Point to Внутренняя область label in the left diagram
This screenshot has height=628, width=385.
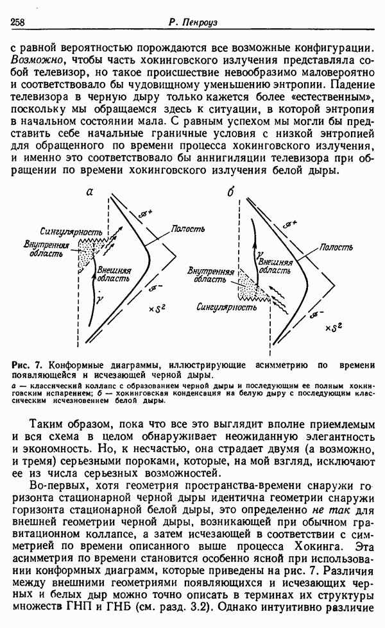pyautogui.click(x=43, y=249)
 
